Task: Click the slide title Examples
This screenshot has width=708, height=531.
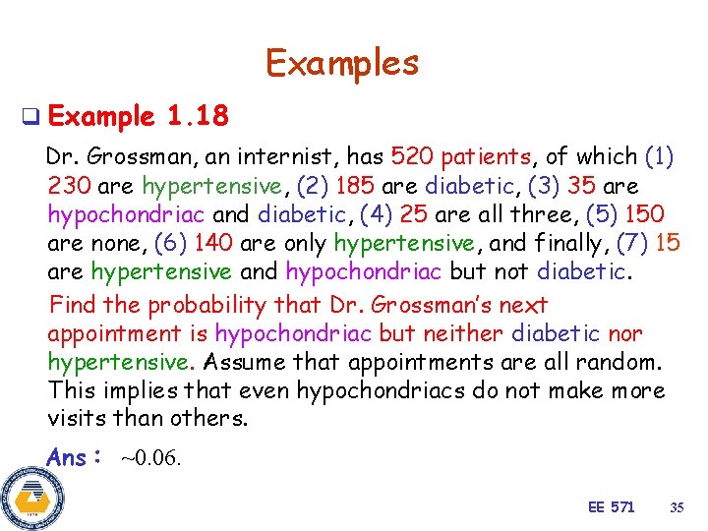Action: (341, 63)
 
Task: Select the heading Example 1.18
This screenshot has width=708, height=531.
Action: (138, 118)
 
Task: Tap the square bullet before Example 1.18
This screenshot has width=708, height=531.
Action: (30, 118)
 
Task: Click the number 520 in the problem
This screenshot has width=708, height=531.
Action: (413, 156)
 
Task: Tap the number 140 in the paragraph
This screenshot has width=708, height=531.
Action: (215, 243)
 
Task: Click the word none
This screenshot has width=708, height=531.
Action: (111, 243)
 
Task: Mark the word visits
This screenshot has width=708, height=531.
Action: (78, 419)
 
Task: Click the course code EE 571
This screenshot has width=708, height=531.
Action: (611, 507)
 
